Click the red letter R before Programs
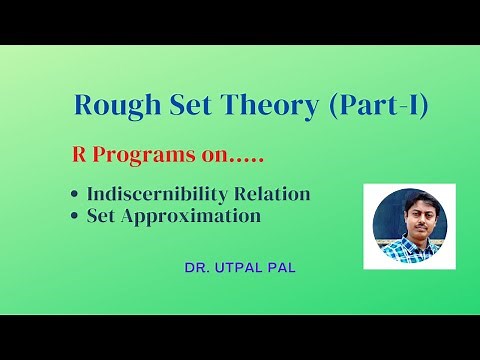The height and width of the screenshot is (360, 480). coord(82,157)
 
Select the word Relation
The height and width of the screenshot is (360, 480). coord(275,193)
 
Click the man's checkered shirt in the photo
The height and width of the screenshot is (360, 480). coord(407,250)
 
